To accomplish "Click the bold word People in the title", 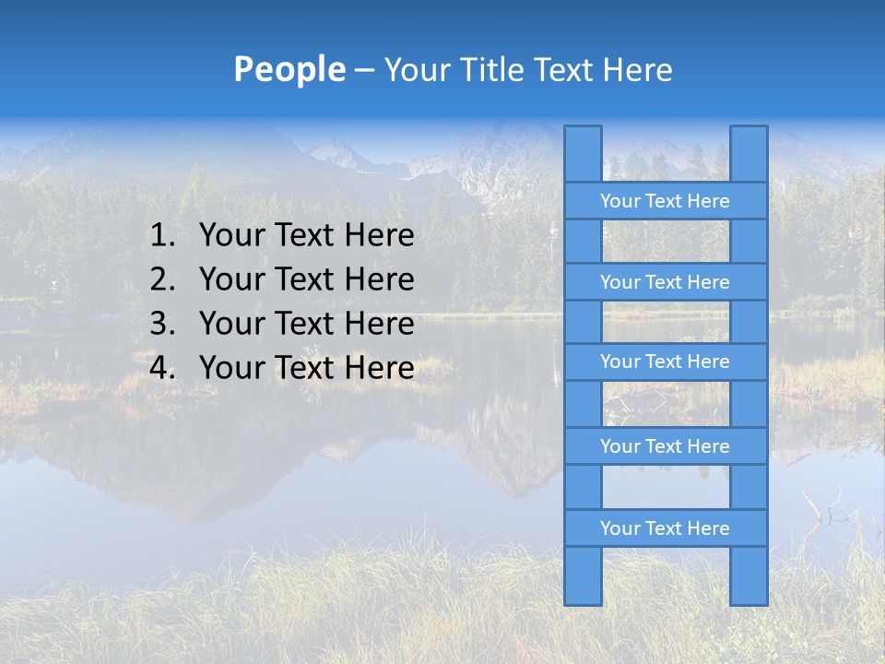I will pos(289,69).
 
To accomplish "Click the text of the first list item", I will pos(306,236).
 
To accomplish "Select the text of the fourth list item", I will pos(306,368).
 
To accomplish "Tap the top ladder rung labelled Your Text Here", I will pos(665,201).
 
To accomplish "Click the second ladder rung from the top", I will pos(665,282).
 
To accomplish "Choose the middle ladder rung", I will pos(665,362).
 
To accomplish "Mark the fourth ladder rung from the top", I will pos(665,446).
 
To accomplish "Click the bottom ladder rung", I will pos(665,528).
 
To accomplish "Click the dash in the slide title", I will pos(363,71).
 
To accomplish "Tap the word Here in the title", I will pos(638,69).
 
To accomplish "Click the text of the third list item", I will pos(306,324).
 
